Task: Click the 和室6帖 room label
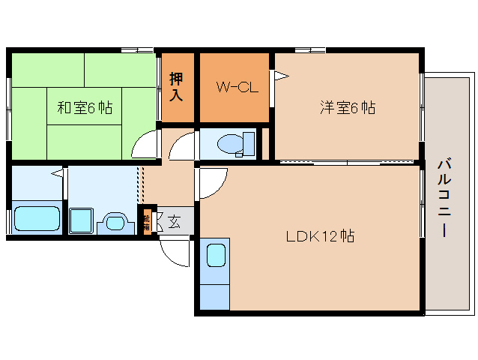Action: pos(85,108)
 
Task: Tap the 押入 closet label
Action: pos(177,87)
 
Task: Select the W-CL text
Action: pos(238,87)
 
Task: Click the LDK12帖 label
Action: pos(320,236)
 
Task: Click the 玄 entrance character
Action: pos(174,221)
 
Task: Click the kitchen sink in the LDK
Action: pos(216,255)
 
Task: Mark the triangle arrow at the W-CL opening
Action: pos(280,75)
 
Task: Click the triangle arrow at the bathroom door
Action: pos(56,174)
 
